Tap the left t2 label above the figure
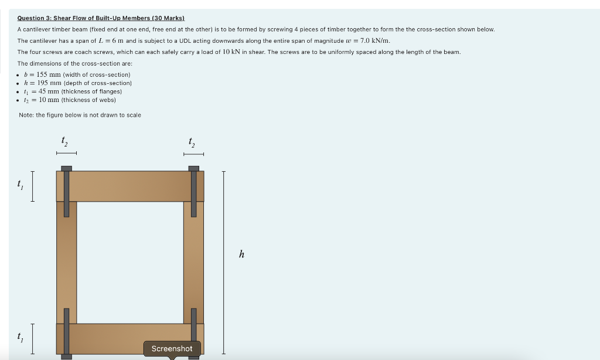[64, 141]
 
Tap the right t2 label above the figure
[192, 141]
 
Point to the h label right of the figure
[241, 254]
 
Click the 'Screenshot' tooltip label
[172, 348]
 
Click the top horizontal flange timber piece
[130, 186]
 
